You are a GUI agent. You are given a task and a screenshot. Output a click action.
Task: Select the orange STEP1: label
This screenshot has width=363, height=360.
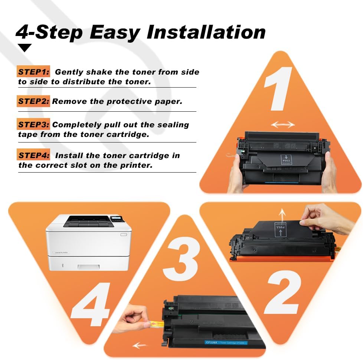point(33,72)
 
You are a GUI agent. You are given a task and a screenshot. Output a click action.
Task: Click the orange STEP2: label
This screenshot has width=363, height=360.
point(33,101)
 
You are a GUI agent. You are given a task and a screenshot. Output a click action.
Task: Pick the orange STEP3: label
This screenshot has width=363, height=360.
point(33,125)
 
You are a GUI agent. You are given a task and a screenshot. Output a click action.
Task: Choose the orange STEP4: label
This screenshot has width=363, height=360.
point(33,156)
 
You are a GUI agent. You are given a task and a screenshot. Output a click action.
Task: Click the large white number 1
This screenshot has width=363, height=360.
point(278,89)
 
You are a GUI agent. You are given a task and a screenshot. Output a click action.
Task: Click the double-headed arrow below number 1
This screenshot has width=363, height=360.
point(283,125)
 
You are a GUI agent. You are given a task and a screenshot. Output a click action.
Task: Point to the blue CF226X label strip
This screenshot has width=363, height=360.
point(226,343)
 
